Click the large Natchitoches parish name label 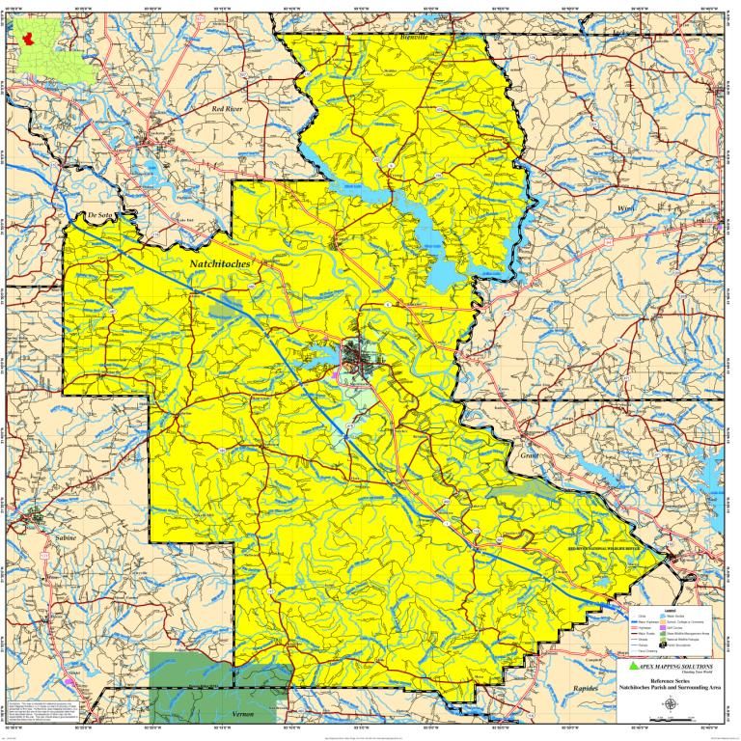pos(220,261)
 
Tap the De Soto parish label pos(99,215)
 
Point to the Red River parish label pos(231,110)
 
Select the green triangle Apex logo pos(632,667)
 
